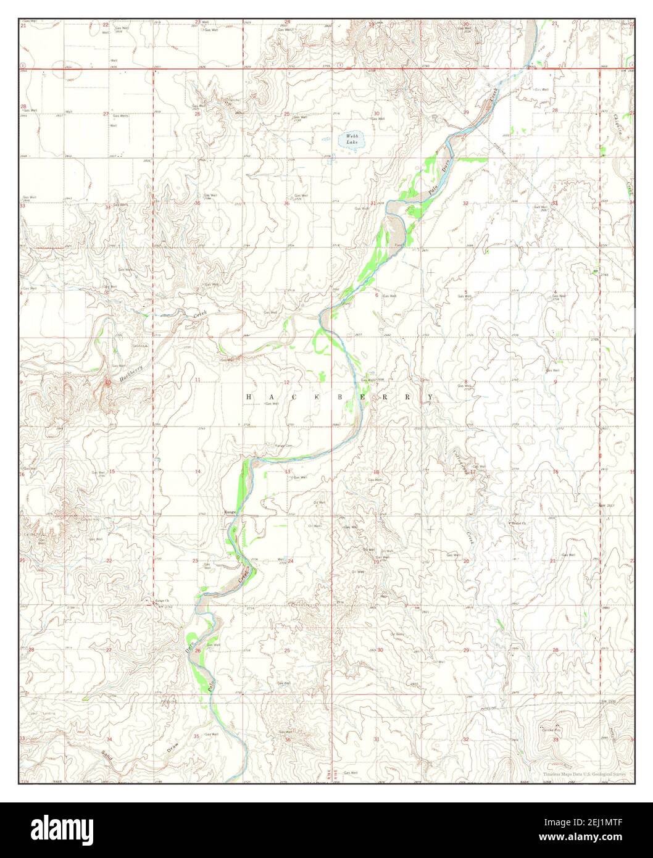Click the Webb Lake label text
[x=352, y=139]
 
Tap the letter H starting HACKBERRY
[x=247, y=398]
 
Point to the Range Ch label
[x=161, y=600]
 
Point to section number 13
[x=287, y=472]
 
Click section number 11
[x=198, y=378]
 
